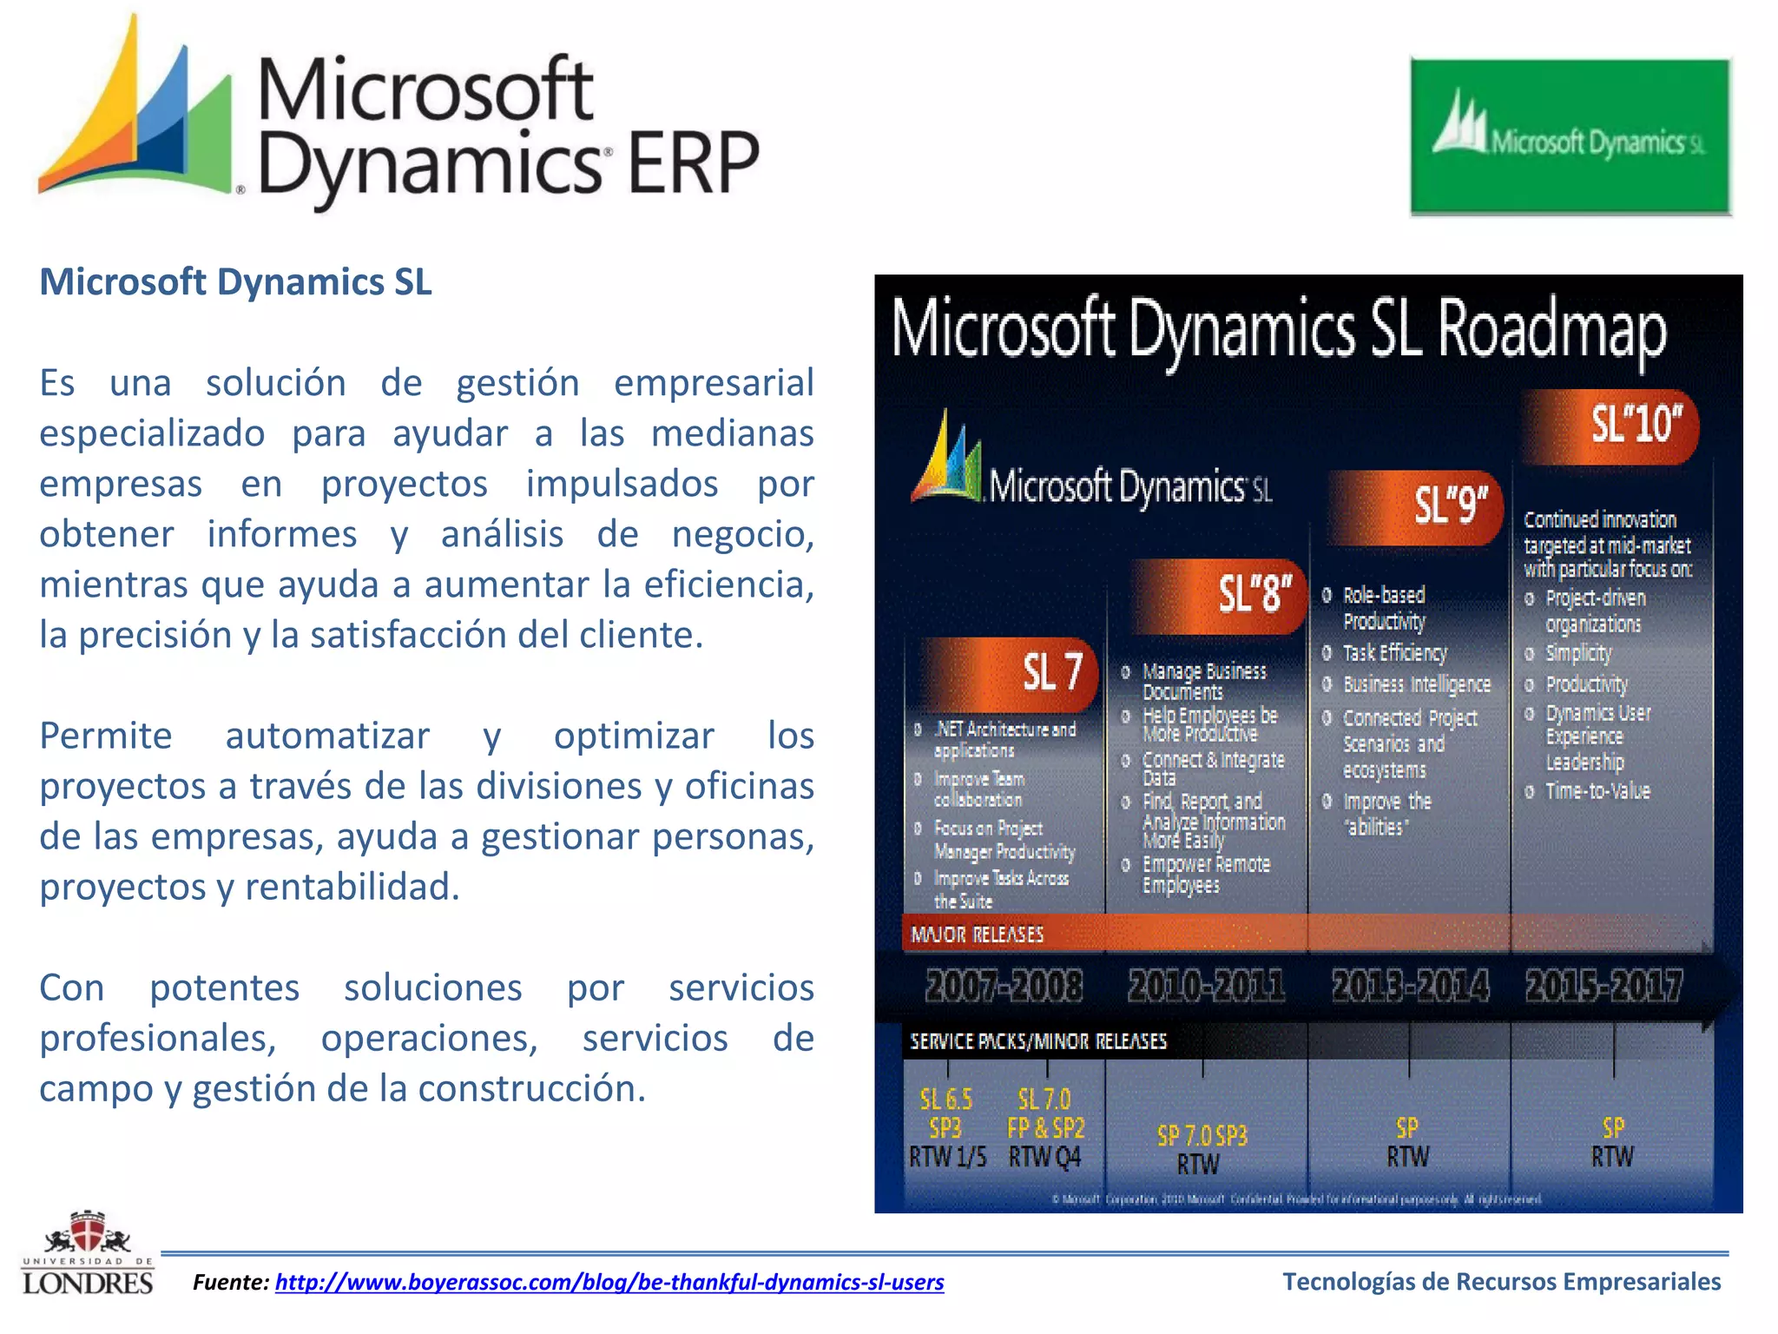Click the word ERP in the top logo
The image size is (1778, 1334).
pyautogui.click(x=692, y=162)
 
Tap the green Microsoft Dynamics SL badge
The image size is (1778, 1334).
pyautogui.click(x=1570, y=136)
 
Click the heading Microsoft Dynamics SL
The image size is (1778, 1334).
pyautogui.click(x=235, y=282)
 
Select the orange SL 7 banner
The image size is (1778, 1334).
pyautogui.click(x=1011, y=672)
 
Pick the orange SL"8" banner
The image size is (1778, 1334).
pyautogui.click(x=1220, y=595)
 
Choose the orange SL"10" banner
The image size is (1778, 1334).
pyautogui.click(x=1610, y=426)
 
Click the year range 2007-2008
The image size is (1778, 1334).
pyautogui.click(x=1004, y=986)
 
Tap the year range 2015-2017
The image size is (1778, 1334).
pyautogui.click(x=1603, y=986)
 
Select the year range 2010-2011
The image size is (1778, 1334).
pyautogui.click(x=1206, y=986)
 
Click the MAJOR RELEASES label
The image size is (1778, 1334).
pyautogui.click(x=977, y=934)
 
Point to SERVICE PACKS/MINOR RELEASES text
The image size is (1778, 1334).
pyautogui.click(x=1037, y=1041)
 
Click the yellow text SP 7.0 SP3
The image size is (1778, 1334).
pyautogui.click(x=1202, y=1135)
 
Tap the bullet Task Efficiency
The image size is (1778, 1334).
pyautogui.click(x=1394, y=652)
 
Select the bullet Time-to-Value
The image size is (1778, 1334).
pyautogui.click(x=1597, y=791)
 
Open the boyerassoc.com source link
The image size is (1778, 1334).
pyautogui.click(x=609, y=1282)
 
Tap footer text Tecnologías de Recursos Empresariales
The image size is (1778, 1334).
pyautogui.click(x=1501, y=1281)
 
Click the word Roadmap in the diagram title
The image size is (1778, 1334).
pyautogui.click(x=1551, y=330)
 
